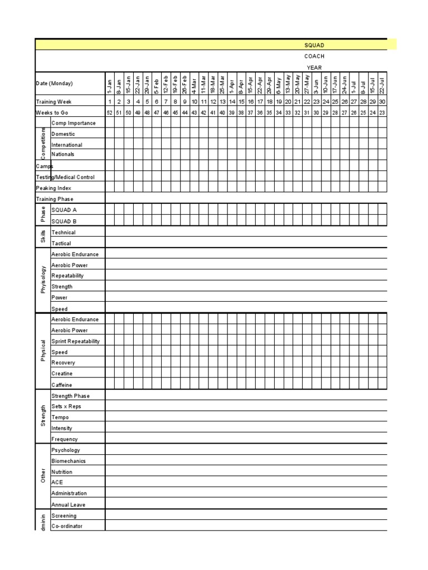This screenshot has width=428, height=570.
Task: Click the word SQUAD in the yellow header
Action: [314, 45]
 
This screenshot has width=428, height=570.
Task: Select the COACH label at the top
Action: [314, 56]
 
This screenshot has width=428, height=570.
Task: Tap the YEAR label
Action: [314, 67]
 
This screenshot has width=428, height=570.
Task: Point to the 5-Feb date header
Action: [157, 85]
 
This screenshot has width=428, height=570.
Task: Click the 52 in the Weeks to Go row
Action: [110, 112]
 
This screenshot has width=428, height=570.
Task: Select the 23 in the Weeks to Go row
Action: [382, 112]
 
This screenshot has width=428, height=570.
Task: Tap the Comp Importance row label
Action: [73, 123]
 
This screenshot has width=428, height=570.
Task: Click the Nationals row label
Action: [63, 154]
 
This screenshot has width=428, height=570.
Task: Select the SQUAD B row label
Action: [64, 220]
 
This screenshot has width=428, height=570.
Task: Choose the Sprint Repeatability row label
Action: [75, 341]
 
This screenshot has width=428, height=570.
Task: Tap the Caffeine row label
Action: [62, 385]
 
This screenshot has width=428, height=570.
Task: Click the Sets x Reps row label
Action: [66, 406]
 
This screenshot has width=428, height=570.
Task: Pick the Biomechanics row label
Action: [69, 461]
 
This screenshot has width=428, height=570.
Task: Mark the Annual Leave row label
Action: [68, 505]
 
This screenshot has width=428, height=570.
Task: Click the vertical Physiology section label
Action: [43, 281]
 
